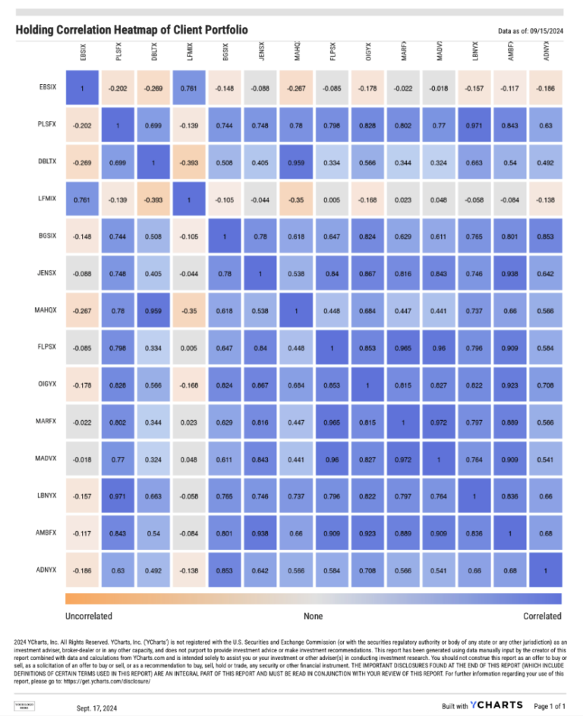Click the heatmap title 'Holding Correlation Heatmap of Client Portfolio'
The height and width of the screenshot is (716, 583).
pyautogui.click(x=131, y=30)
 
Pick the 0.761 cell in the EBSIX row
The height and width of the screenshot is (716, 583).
pyautogui.click(x=190, y=88)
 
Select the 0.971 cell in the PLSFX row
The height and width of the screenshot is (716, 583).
pyautogui.click(x=475, y=125)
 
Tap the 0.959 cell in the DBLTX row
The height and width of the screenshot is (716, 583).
pyautogui.click(x=297, y=162)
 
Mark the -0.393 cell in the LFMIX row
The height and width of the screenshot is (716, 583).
pyautogui.click(x=154, y=199)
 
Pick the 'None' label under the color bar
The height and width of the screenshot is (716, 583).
pyautogui.click(x=314, y=616)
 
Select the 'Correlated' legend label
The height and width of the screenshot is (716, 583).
pyautogui.click(x=542, y=616)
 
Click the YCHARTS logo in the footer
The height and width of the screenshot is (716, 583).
pyautogui.click(x=496, y=705)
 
